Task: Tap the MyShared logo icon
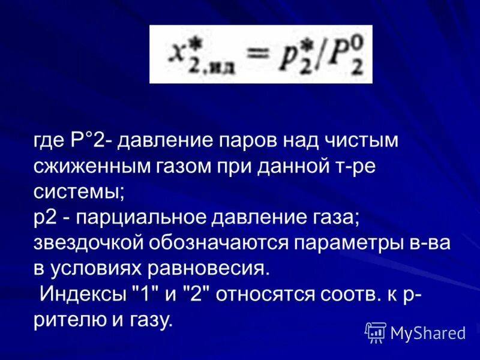376,332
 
